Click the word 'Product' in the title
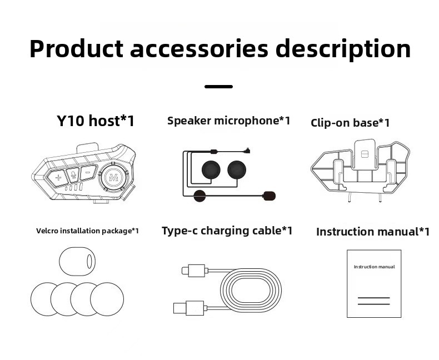(76, 49)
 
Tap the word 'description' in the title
(343, 49)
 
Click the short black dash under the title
(218, 87)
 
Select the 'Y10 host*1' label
(96, 121)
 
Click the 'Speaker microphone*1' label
(228, 121)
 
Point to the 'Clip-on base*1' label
(350, 123)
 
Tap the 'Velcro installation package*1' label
(87, 231)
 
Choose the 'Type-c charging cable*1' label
(227, 231)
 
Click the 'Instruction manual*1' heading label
(373, 232)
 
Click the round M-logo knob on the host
(114, 178)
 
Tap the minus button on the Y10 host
(88, 173)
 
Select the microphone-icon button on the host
(73, 176)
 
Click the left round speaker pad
(211, 169)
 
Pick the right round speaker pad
(237, 169)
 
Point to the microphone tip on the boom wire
(270, 196)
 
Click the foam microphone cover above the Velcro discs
(77, 261)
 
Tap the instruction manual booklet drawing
(374, 283)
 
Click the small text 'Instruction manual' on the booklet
(374, 267)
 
